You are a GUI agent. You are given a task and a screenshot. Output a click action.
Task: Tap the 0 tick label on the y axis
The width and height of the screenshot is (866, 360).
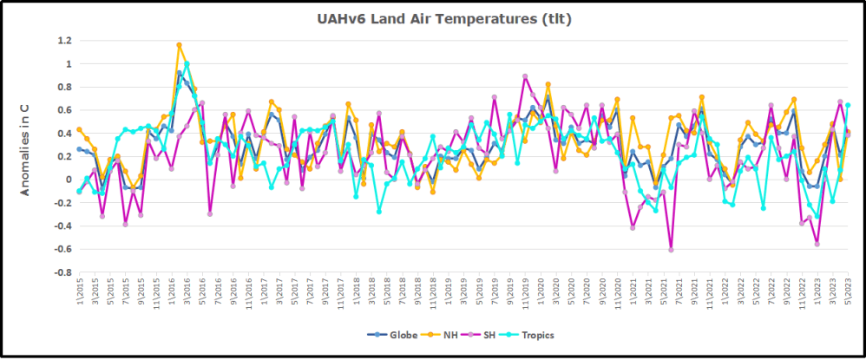[x=67, y=180]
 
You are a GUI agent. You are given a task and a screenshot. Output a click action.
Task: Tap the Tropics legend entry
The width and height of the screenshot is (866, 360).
[x=535, y=335]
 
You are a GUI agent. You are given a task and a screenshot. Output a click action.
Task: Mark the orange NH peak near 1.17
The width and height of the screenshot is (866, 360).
[x=179, y=44]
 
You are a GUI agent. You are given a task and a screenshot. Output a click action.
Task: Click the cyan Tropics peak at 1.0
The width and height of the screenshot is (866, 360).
[x=187, y=64]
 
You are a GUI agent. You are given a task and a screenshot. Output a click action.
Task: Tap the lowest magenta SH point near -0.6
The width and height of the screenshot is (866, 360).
[x=671, y=250]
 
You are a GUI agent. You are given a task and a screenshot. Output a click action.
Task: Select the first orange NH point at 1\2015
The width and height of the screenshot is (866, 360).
[x=79, y=129]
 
